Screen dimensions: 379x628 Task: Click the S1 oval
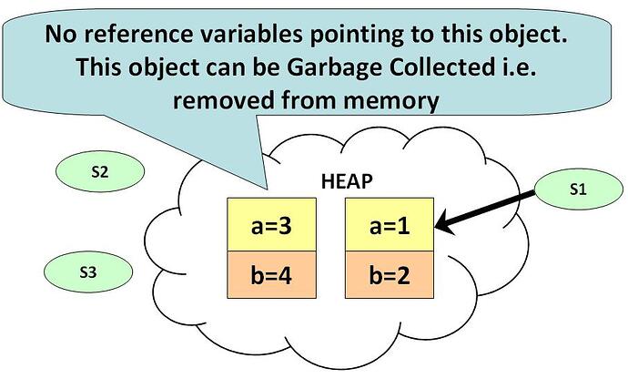tap(576, 189)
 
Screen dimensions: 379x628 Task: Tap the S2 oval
tap(100, 171)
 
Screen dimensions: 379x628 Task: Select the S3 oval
tap(87, 271)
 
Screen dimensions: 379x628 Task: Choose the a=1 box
tap(389, 223)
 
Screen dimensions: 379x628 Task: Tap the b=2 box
tap(389, 271)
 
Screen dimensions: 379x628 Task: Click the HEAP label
tap(347, 179)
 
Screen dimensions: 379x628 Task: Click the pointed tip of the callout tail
tap(266, 189)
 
